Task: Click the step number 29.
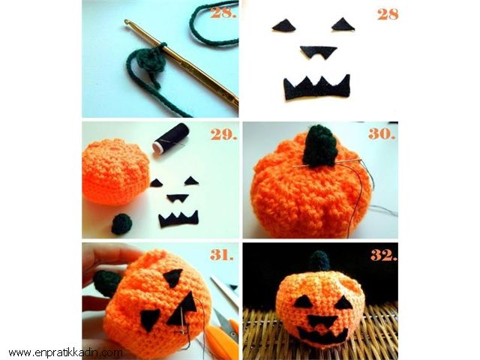tap(223, 134)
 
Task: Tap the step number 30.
tap(382, 133)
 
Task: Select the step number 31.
tap(222, 255)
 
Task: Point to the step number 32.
tap(384, 255)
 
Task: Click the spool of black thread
tap(170, 139)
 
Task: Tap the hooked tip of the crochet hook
tap(127, 22)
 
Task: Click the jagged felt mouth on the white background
tap(316, 87)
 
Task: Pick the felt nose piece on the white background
tap(318, 52)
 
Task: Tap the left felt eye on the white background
tap(284, 25)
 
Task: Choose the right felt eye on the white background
tap(343, 25)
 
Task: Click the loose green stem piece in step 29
tap(121, 224)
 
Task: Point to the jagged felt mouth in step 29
tap(178, 219)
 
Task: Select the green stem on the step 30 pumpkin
tap(319, 145)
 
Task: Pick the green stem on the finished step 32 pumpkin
tap(319, 261)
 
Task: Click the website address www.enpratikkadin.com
tap(65, 353)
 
